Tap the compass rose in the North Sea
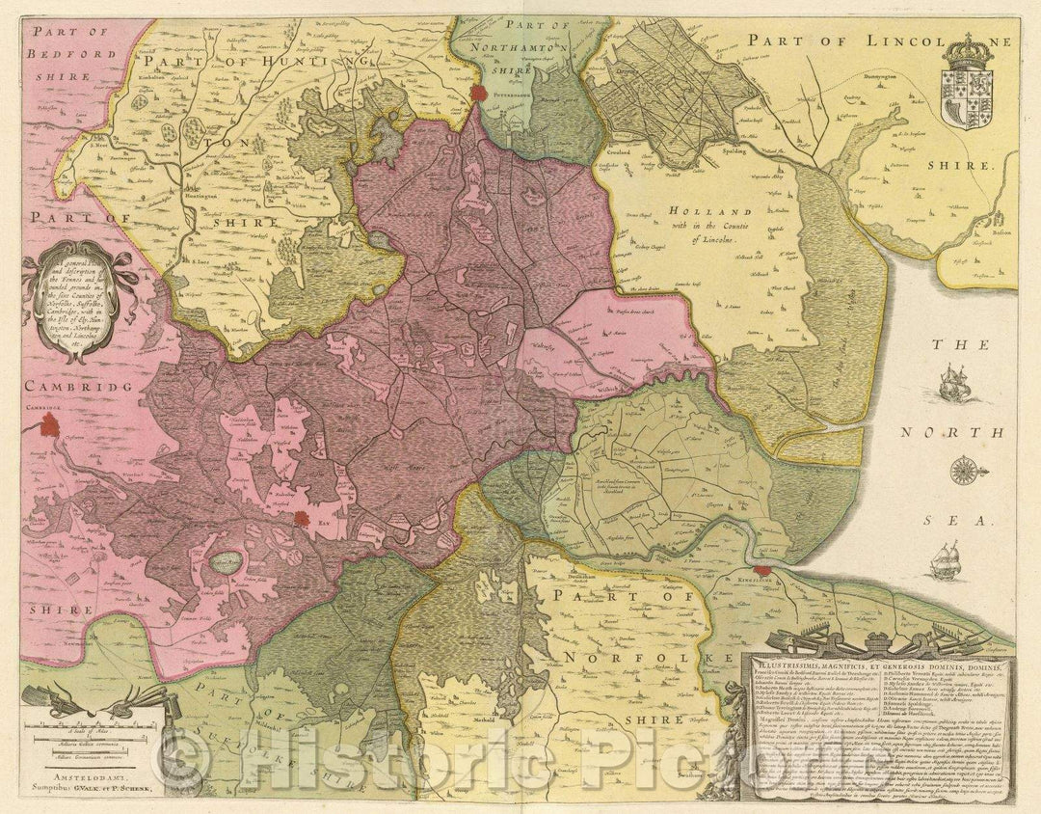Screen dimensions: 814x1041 pos(962,472)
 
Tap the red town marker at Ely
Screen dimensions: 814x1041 pos(303,520)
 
